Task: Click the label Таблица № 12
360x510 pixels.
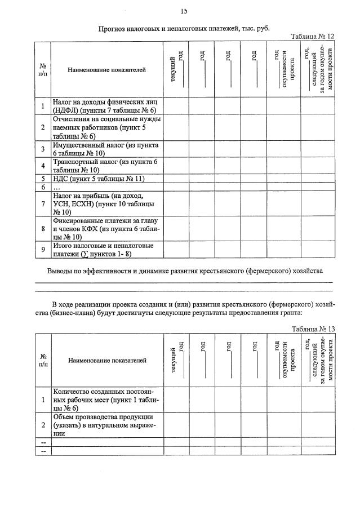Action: tap(312, 36)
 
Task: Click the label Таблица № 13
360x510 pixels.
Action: tap(313, 329)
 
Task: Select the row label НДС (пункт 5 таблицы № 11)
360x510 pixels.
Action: tap(98, 179)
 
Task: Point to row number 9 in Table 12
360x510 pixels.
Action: tap(43, 250)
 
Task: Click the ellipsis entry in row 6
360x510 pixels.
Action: tap(56, 187)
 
